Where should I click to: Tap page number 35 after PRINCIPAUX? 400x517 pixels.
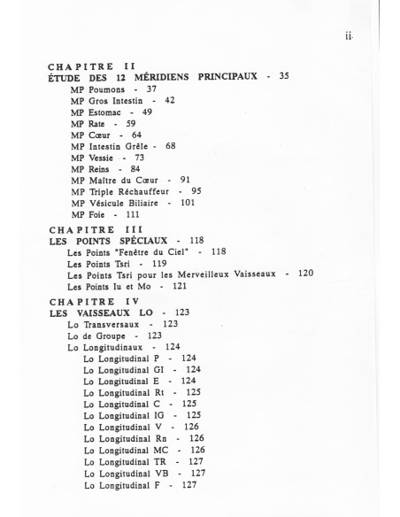(x=283, y=77)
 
